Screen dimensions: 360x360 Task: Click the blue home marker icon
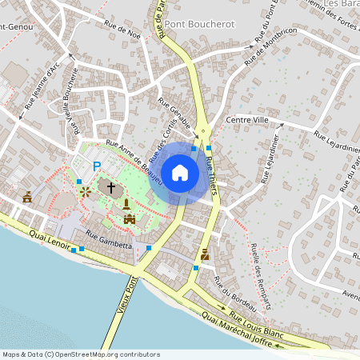[180, 173]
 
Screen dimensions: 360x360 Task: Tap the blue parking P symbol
[97, 166]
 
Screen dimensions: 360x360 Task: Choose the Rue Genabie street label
[175, 114]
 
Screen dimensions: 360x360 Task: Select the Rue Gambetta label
[108, 244]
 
